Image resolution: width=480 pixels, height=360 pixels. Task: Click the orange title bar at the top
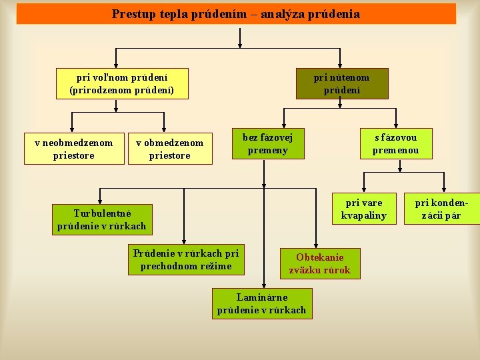click(x=236, y=13)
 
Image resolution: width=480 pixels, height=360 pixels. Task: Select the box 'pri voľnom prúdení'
click(x=121, y=83)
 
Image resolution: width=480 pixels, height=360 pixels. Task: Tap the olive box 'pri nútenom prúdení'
click(x=342, y=83)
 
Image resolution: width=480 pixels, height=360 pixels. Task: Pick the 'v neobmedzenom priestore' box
click(x=73, y=149)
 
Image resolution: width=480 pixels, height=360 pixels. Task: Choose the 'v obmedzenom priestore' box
click(x=169, y=149)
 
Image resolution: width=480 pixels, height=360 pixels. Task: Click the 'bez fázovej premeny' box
click(x=267, y=143)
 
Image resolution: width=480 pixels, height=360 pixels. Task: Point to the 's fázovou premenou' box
click(x=396, y=143)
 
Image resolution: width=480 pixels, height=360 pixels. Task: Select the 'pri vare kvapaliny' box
click(x=363, y=209)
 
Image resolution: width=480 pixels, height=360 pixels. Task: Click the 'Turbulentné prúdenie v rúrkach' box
click(x=102, y=219)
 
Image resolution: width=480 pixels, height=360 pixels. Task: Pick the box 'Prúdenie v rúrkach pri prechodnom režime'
click(x=186, y=260)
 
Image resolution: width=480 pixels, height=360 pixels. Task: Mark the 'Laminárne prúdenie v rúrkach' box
click(x=261, y=303)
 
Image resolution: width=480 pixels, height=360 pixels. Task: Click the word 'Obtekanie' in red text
click(x=320, y=257)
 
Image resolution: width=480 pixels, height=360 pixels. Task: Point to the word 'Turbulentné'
click(x=103, y=213)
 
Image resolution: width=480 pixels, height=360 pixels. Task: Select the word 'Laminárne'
click(x=262, y=297)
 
